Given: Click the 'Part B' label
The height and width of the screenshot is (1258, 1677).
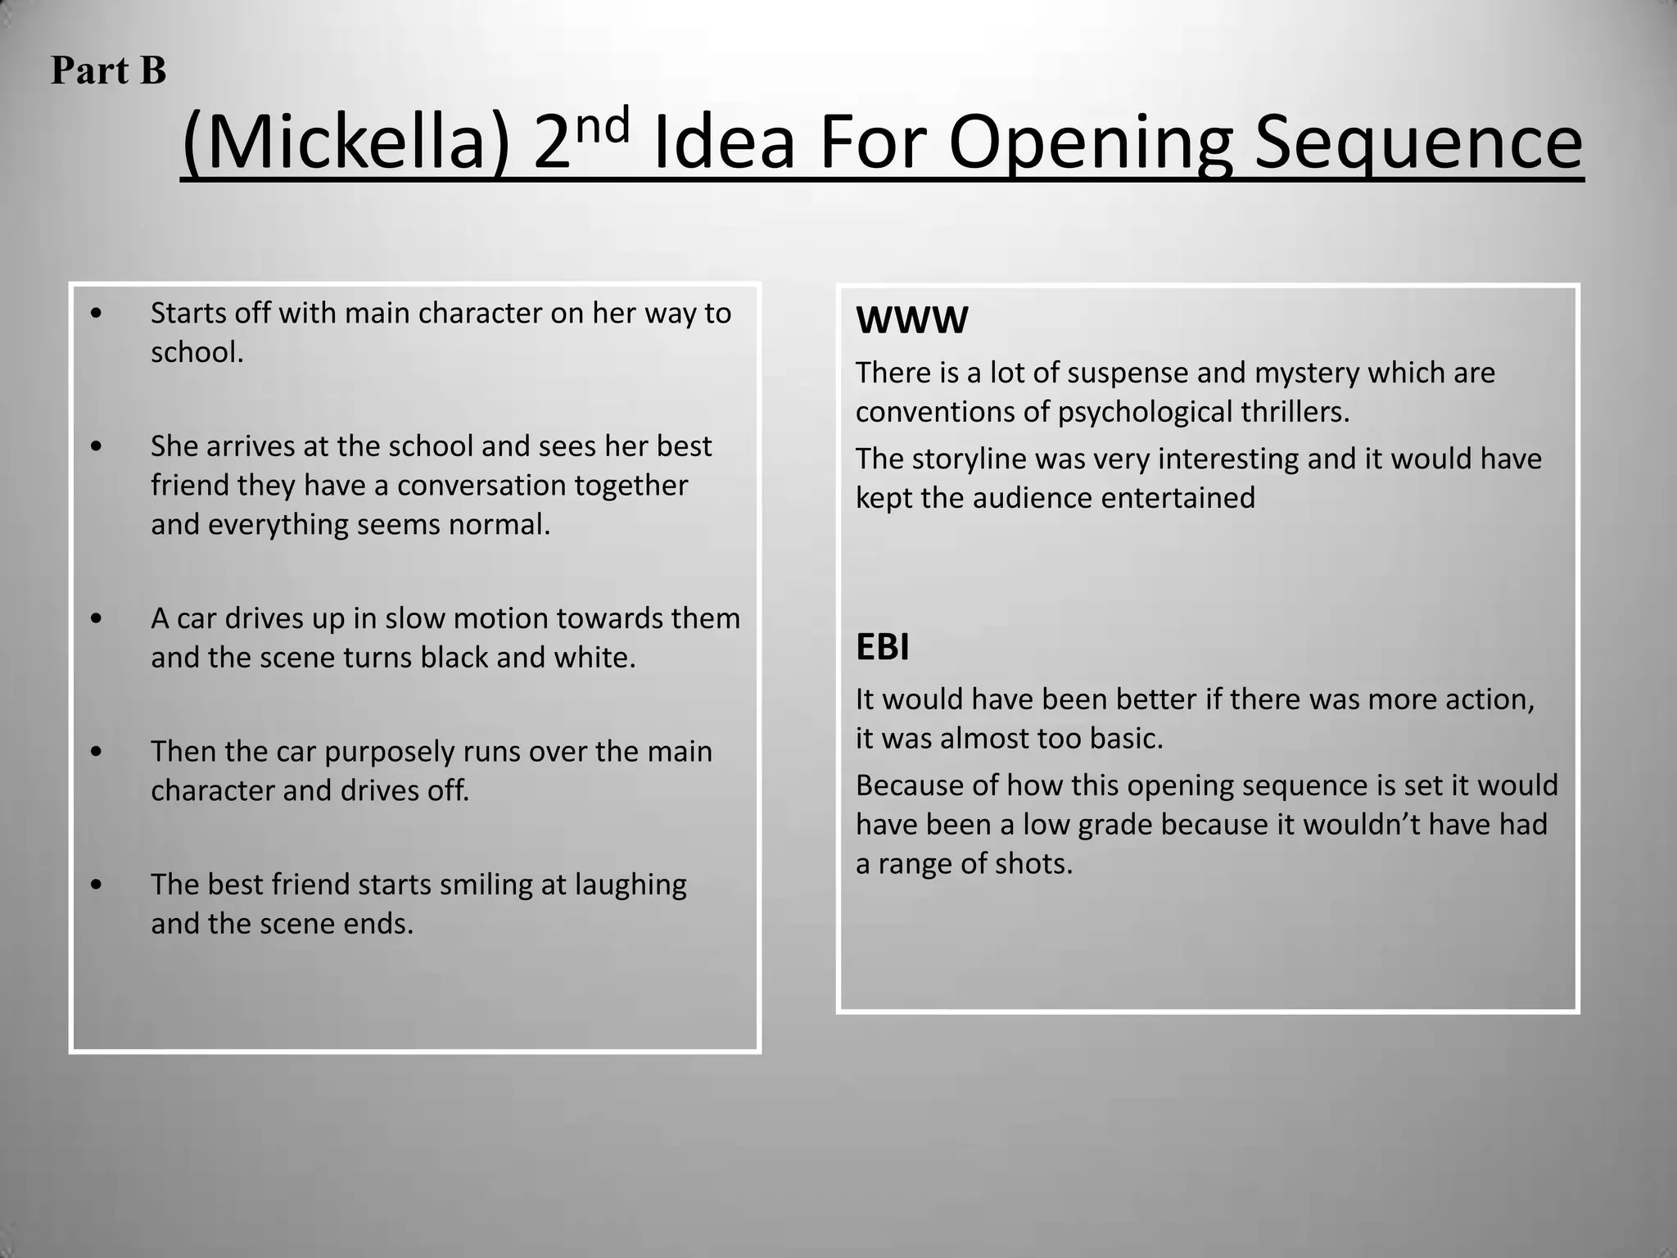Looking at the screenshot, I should tap(108, 70).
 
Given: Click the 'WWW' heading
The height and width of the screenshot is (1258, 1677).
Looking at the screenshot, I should tap(911, 320).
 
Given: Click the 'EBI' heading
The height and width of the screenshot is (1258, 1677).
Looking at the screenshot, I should tap(883, 647).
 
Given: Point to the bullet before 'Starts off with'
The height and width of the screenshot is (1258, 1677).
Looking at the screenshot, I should tap(97, 314).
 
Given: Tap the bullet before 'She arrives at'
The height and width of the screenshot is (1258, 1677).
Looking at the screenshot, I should tap(97, 446).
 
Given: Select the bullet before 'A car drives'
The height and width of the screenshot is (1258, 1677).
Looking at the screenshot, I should tap(97, 618).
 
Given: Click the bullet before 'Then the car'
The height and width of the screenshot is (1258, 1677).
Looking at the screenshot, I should tap(97, 752).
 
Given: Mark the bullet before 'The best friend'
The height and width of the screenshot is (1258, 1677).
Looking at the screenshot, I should tap(97, 885).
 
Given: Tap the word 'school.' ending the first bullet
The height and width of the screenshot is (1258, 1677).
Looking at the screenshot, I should tap(197, 353).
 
